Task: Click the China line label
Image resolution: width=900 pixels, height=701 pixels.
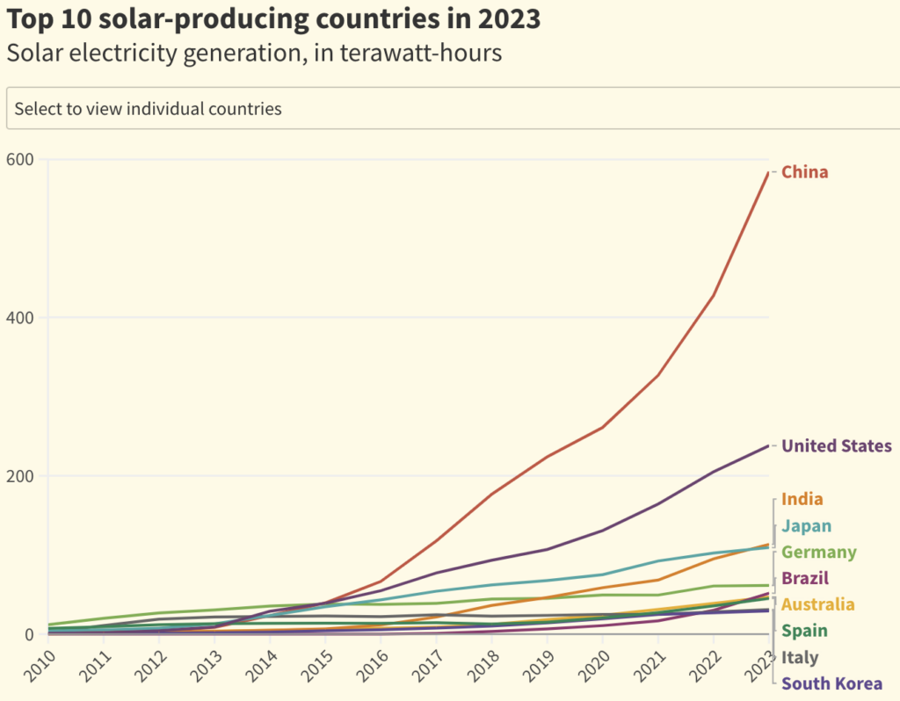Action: (804, 172)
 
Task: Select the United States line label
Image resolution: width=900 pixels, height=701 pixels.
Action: (836, 446)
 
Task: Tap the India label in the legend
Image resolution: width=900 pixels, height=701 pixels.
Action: (802, 500)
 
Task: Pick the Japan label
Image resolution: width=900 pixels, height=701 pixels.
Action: (806, 526)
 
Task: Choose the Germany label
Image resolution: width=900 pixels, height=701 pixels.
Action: (818, 553)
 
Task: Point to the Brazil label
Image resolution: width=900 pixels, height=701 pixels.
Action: (805, 579)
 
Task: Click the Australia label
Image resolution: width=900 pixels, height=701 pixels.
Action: (817, 605)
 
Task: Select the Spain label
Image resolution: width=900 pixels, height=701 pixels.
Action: (804, 631)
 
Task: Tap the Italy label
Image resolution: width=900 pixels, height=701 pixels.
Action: (800, 658)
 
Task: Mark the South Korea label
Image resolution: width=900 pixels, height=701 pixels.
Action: (831, 684)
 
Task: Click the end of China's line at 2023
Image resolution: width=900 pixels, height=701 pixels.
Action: (768, 172)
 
